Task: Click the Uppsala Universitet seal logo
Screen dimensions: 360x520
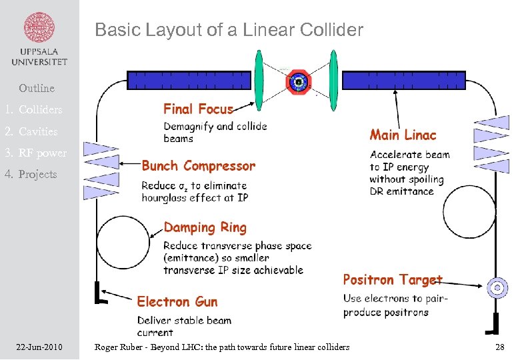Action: pyautogui.click(x=39, y=29)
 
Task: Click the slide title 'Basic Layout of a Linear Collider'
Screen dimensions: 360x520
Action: pyautogui.click(x=229, y=30)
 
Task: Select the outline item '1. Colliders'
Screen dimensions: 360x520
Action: pyautogui.click(x=33, y=109)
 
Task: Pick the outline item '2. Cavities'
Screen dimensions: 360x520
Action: pyautogui.click(x=31, y=131)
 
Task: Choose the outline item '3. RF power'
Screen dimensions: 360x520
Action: pyautogui.click(x=36, y=153)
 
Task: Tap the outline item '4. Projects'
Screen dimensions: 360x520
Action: pyautogui.click(x=31, y=174)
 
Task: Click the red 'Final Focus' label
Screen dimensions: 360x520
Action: pyautogui.click(x=198, y=109)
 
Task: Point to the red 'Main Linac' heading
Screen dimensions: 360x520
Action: pyautogui.click(x=403, y=135)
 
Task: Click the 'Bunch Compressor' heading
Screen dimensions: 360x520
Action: pyautogui.click(x=198, y=166)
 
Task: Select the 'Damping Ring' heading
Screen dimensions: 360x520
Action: pyautogui.click(x=205, y=228)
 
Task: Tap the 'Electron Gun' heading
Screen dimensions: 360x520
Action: pyautogui.click(x=177, y=302)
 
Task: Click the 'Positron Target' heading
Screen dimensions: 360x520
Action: pyautogui.click(x=392, y=280)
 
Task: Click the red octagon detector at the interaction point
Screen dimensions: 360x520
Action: pyautogui.click(x=298, y=81)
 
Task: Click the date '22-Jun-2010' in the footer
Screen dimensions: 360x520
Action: pyautogui.click(x=39, y=347)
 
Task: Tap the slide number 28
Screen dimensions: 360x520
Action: pyautogui.click(x=499, y=347)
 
